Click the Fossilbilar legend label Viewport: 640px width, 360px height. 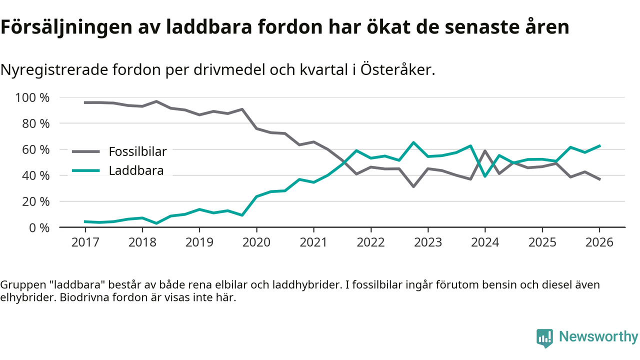click(x=137, y=151)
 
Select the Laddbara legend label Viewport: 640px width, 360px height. click(x=136, y=170)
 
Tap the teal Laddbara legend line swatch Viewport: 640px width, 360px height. click(x=86, y=170)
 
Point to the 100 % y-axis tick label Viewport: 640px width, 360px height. click(x=33, y=97)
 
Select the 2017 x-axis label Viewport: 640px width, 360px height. click(x=85, y=243)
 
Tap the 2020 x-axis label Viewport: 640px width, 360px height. click(x=256, y=243)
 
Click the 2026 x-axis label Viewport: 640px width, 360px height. click(x=599, y=243)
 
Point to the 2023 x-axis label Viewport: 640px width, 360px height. click(x=428, y=243)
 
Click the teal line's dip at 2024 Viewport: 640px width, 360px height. click(x=485, y=176)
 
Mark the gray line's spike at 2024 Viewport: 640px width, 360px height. click(x=485, y=150)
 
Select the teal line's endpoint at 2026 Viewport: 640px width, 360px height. click(x=599, y=145)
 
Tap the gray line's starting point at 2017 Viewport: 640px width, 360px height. click(x=85, y=102)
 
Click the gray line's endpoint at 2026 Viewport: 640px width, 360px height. click(x=599, y=179)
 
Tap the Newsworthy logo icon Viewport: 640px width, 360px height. click(x=544, y=337)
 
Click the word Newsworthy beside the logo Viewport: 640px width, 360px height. click(x=598, y=336)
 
